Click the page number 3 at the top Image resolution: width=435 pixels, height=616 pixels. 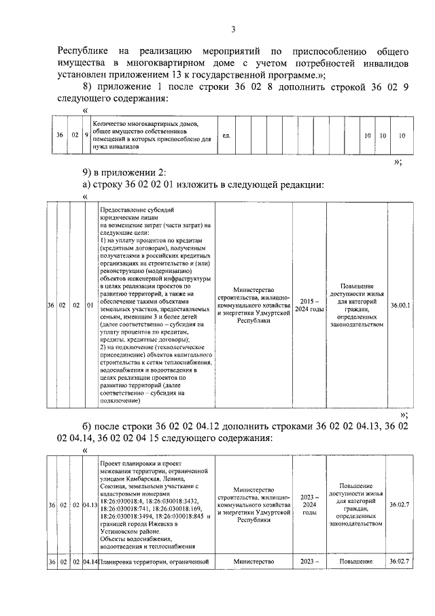[x=233, y=29]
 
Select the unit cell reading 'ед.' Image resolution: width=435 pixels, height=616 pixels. [x=226, y=135]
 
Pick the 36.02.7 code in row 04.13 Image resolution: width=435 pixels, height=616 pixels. [x=400, y=504]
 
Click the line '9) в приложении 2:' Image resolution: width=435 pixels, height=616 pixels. [x=122, y=170]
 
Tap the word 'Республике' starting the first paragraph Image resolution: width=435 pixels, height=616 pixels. [x=81, y=51]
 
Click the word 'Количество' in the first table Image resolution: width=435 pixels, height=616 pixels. [x=108, y=124]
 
